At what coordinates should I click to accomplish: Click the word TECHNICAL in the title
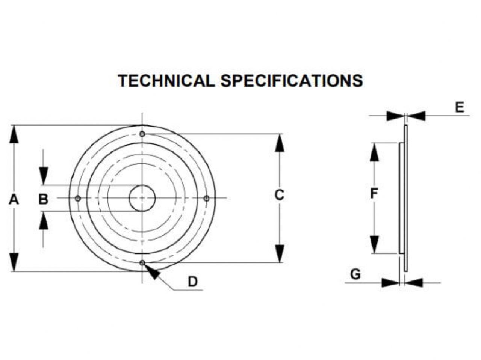[166, 81]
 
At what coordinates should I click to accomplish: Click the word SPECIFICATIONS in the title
[291, 81]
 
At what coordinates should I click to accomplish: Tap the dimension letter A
[14, 199]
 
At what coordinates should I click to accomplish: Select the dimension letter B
[44, 199]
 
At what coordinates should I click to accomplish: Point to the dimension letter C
[279, 195]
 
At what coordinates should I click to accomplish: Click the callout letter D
[193, 281]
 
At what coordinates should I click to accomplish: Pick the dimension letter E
[460, 108]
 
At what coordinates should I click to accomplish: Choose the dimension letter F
[374, 194]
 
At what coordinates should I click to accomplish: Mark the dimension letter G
[355, 274]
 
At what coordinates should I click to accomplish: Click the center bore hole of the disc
[142, 198]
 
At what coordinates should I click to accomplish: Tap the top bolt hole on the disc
[142, 134]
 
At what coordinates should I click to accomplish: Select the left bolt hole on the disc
[78, 198]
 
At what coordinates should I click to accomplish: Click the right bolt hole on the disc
[206, 198]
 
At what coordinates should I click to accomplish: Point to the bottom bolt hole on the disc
[142, 262]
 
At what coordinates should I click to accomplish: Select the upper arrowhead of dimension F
[374, 152]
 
